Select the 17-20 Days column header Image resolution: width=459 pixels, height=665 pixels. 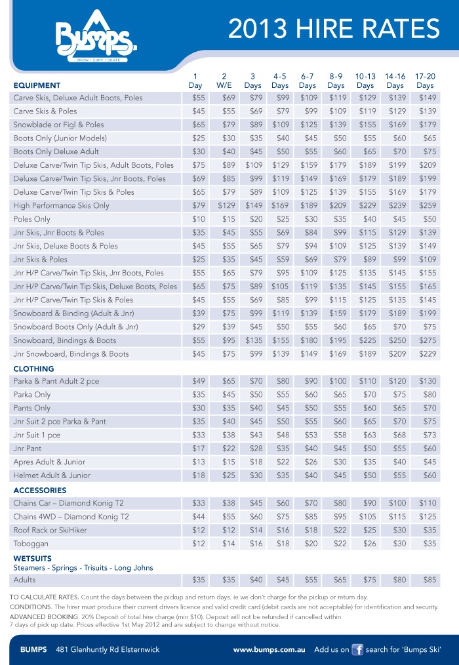425,81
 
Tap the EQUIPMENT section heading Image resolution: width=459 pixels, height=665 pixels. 37,85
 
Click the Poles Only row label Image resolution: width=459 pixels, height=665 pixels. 31,219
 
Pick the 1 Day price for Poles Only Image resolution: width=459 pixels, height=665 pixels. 198,219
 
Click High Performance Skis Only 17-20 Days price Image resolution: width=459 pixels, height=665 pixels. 428,205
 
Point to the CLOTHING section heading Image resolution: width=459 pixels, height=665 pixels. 33,369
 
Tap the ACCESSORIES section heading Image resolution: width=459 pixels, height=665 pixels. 40,490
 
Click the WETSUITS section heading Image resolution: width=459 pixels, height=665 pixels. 33,558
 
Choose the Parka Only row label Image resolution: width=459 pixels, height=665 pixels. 32,394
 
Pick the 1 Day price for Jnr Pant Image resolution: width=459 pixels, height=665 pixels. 198,448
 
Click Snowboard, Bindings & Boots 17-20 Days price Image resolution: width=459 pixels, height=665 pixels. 428,340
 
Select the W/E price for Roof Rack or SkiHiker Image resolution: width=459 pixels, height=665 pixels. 228,530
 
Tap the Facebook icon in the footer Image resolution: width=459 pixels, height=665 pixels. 357,649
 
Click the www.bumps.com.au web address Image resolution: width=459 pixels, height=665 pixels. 269,649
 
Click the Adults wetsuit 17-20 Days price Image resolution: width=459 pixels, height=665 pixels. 428,580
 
